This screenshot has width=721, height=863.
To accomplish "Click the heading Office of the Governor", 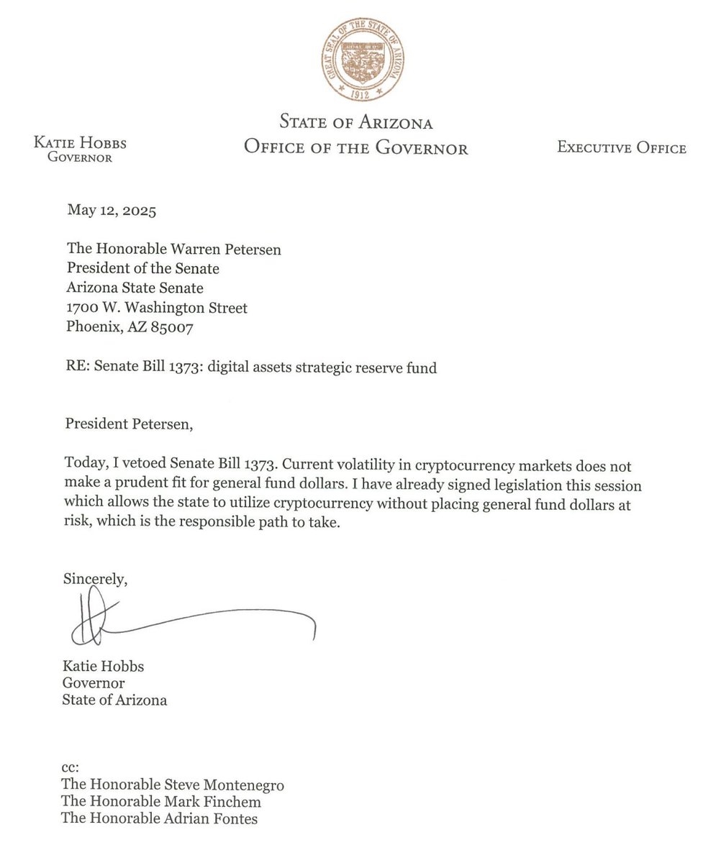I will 356,148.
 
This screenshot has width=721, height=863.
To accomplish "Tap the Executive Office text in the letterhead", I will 621,149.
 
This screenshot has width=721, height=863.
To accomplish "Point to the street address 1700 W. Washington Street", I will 157,308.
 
